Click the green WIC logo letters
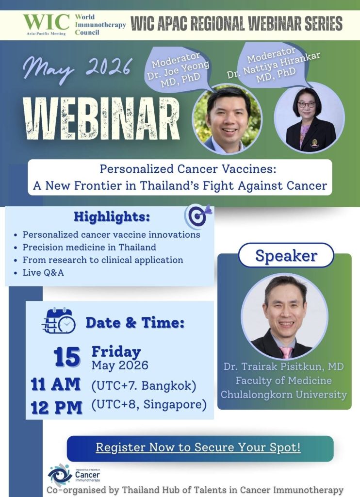tap(46, 22)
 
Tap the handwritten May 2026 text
tap(77, 68)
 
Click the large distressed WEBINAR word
tap(101, 119)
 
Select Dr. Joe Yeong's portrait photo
tap(227, 119)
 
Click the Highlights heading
tap(112, 217)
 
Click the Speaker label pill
tap(286, 255)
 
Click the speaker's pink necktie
tap(286, 352)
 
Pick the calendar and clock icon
tap(59, 321)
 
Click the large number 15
tap(67, 357)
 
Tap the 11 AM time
tap(55, 384)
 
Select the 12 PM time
tap(56, 408)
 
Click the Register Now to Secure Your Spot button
tap(200, 448)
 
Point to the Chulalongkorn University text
tap(284, 395)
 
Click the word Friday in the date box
tap(116, 352)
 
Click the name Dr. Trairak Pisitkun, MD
tap(284, 367)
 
